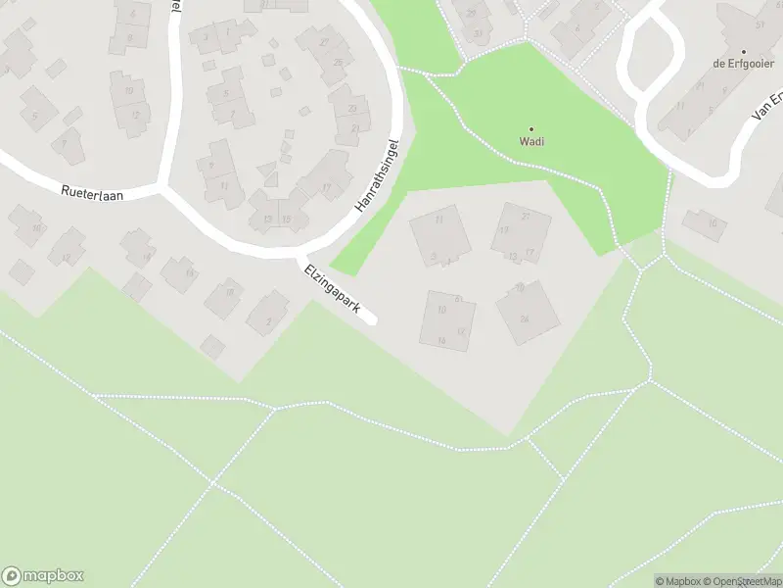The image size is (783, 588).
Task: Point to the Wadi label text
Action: click(x=531, y=140)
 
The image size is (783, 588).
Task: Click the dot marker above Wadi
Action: click(x=531, y=128)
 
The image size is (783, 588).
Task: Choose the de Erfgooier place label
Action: click(x=744, y=63)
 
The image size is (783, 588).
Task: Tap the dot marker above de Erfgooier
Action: click(x=744, y=51)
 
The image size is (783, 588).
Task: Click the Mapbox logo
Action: click(x=44, y=576)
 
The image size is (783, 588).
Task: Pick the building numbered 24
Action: click(x=527, y=313)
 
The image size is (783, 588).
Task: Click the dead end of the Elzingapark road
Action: click(x=370, y=318)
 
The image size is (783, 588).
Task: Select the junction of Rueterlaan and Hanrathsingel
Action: click(x=164, y=186)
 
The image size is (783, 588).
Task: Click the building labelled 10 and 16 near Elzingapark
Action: click(x=448, y=318)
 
